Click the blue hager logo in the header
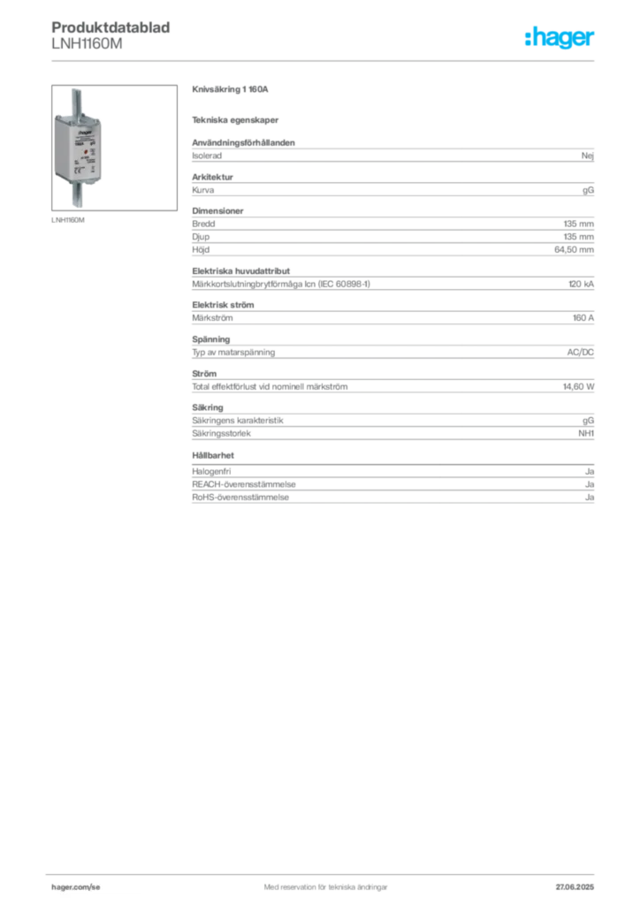pos(561,39)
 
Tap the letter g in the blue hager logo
pos(564,42)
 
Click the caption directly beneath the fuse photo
pos(70,218)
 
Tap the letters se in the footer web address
pos(94,885)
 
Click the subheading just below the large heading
pos(237,119)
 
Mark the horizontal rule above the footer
pos(325,871)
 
